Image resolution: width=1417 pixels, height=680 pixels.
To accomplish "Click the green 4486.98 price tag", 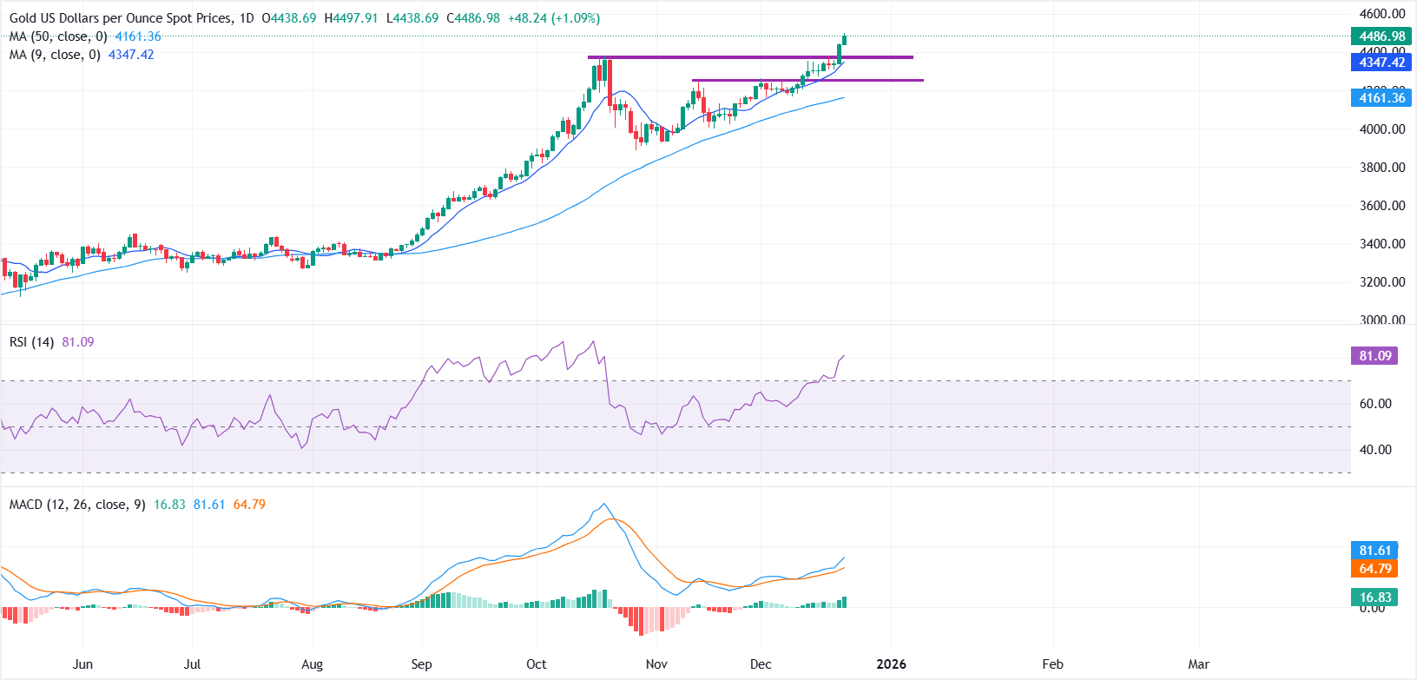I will pyautogui.click(x=1381, y=36).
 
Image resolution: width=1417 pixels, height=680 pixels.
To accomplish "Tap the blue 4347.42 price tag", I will pyautogui.click(x=1381, y=63).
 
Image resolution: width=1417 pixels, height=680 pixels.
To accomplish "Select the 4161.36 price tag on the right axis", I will pyautogui.click(x=1381, y=98).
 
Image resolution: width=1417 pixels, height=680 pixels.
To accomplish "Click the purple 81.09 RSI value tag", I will pyautogui.click(x=1374, y=356).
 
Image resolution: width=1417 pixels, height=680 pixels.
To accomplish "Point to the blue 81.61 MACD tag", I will pyautogui.click(x=1374, y=551).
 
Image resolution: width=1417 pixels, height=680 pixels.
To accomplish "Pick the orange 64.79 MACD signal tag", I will pyautogui.click(x=1374, y=569).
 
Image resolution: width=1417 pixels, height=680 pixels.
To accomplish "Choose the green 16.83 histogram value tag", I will pyautogui.click(x=1374, y=597).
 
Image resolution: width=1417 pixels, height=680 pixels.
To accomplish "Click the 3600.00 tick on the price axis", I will pyautogui.click(x=1382, y=206).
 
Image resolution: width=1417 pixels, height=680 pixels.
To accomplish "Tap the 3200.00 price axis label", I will pyautogui.click(x=1382, y=282).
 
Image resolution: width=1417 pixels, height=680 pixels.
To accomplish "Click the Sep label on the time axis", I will pyautogui.click(x=421, y=664).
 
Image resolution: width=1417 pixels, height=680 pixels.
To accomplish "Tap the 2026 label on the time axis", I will pyautogui.click(x=891, y=664).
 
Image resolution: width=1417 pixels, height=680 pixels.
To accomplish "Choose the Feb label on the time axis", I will pyautogui.click(x=1052, y=664).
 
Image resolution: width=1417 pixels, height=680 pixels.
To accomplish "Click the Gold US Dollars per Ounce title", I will pyautogui.click(x=122, y=18).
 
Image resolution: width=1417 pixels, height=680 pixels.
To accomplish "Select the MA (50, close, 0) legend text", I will pyautogui.click(x=58, y=36).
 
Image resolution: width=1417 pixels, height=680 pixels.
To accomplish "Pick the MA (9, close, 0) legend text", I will pyautogui.click(x=55, y=55).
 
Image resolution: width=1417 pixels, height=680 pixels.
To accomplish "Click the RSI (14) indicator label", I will pyautogui.click(x=32, y=342).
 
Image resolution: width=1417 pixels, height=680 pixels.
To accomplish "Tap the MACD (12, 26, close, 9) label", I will pyautogui.click(x=77, y=505).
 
